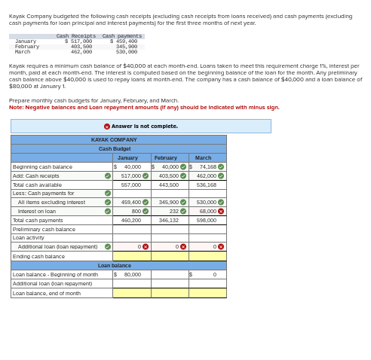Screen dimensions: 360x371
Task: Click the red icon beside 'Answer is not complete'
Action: (x=107, y=127)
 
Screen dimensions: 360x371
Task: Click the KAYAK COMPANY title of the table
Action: (x=114, y=139)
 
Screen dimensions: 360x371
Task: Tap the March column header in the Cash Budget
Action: (x=204, y=157)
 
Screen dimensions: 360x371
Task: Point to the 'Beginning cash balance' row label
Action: (x=43, y=166)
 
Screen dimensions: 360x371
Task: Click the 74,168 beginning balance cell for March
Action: (x=207, y=166)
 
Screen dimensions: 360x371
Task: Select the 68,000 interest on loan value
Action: (x=208, y=211)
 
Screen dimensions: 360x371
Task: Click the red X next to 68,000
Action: (x=221, y=211)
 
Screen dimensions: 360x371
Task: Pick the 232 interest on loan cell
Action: (x=173, y=211)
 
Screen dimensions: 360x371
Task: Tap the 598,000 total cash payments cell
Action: (x=206, y=220)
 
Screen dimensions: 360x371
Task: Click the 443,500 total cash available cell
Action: (x=168, y=185)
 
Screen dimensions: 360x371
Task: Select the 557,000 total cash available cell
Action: (x=131, y=185)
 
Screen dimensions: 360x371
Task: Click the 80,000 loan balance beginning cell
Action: (x=132, y=275)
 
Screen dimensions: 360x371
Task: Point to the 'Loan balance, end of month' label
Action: (x=47, y=293)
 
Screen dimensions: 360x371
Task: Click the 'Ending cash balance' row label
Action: (x=39, y=256)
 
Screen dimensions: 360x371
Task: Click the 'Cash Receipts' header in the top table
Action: (x=76, y=35)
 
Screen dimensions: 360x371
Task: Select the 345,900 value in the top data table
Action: (x=126, y=46)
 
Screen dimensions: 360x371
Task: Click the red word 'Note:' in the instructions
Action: (x=16, y=107)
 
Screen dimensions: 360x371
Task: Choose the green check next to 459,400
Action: (x=146, y=202)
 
